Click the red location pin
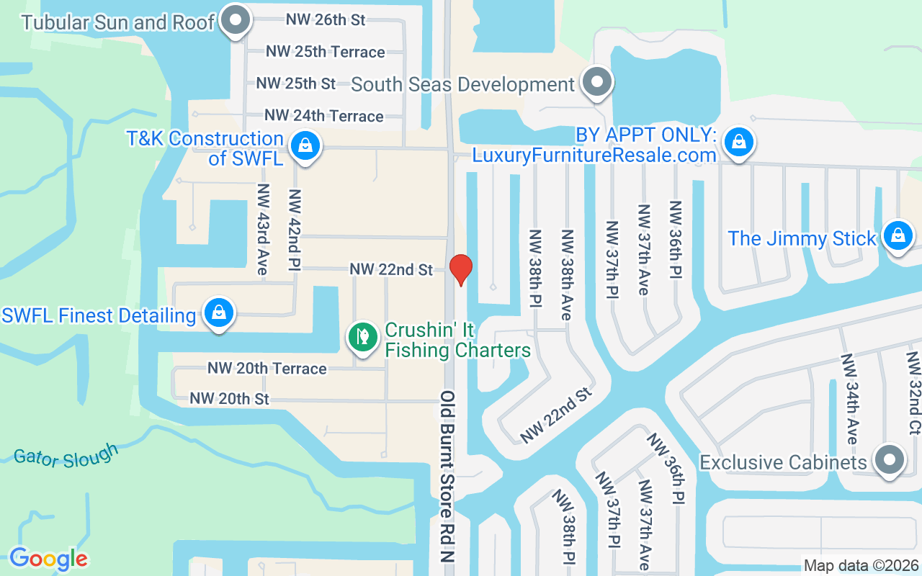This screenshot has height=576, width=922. pyautogui.click(x=460, y=269)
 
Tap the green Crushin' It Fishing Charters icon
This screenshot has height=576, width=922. pyautogui.click(x=364, y=337)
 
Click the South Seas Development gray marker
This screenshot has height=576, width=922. pyautogui.click(x=596, y=83)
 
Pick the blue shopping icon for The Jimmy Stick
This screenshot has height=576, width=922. pyautogui.click(x=898, y=236)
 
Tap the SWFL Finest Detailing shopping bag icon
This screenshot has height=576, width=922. pyautogui.click(x=218, y=313)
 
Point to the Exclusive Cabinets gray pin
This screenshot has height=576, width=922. pyautogui.click(x=889, y=460)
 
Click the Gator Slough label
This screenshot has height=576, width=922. pyautogui.click(x=66, y=456)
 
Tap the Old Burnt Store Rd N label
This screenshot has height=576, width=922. pyautogui.click(x=449, y=477)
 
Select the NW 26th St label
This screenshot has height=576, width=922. pyautogui.click(x=326, y=19)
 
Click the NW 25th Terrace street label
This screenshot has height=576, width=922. pyautogui.click(x=325, y=52)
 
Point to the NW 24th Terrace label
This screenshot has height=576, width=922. pyautogui.click(x=323, y=116)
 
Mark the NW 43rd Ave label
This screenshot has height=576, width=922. pyautogui.click(x=263, y=229)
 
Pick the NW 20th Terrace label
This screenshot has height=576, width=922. pyautogui.click(x=267, y=369)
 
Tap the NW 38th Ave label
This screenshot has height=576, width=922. pyautogui.click(x=567, y=275)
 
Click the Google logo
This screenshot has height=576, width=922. pyautogui.click(x=48, y=558)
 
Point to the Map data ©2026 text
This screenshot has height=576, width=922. pyautogui.click(x=861, y=566)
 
